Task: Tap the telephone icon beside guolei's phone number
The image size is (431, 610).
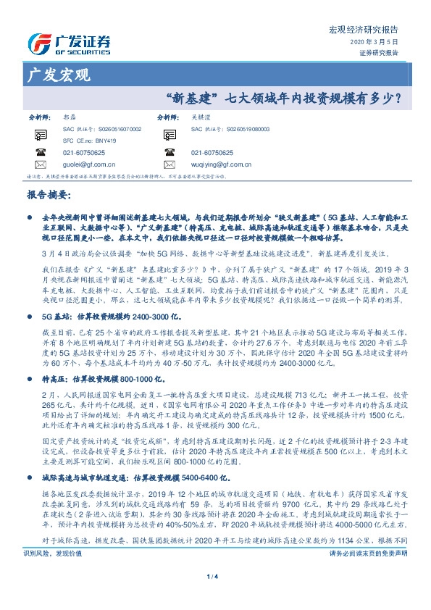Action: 40,153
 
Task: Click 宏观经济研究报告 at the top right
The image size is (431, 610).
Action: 374,30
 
